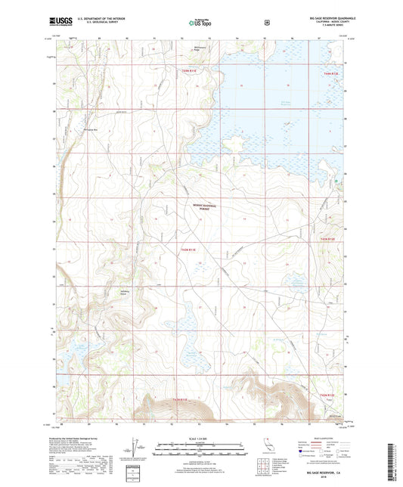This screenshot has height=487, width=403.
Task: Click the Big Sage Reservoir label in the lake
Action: point(286,104)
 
